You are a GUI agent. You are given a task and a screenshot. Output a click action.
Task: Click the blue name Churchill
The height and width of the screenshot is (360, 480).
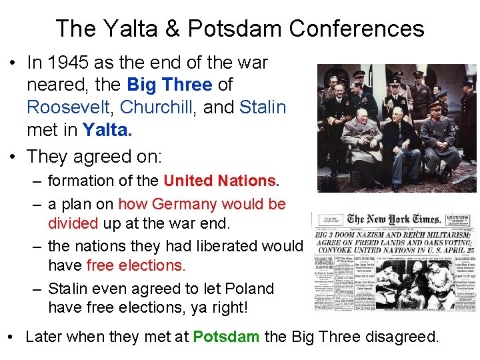tap(158, 107)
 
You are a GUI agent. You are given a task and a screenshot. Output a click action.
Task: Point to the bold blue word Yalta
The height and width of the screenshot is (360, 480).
tap(105, 129)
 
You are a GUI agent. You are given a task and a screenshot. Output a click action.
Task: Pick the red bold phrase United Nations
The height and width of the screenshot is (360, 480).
tap(219, 181)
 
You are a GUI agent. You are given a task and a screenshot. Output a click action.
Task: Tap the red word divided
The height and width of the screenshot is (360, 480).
tap(73, 222)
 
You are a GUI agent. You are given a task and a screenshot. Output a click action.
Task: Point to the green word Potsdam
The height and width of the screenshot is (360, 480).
tap(226, 337)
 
